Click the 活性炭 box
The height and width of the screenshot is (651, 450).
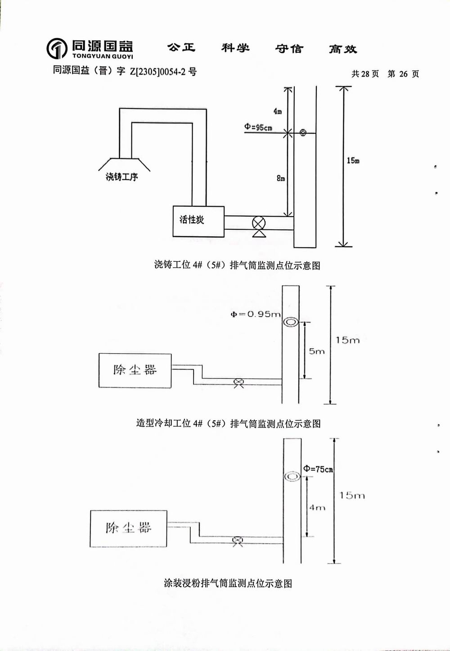[x=198, y=221]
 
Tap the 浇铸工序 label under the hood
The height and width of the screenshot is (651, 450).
[x=121, y=177]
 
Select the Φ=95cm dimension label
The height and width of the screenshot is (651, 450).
[x=258, y=127]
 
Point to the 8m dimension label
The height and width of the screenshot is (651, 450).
[x=281, y=178]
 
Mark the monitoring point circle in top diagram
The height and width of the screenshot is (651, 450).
[x=303, y=133]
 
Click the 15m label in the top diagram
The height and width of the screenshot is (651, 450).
[x=353, y=161]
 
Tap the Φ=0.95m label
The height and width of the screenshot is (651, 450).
[x=256, y=314]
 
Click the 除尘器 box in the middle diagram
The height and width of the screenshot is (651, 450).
[x=135, y=370]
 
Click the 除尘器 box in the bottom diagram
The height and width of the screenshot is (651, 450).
[x=129, y=528]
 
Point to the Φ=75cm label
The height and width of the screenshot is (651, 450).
[x=318, y=469]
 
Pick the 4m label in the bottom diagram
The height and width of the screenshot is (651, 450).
[x=317, y=508]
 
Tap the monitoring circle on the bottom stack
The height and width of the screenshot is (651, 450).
[x=292, y=477]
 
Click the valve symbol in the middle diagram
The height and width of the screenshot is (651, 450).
[x=238, y=383]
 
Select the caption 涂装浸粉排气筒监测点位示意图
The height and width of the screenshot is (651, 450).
[x=228, y=583]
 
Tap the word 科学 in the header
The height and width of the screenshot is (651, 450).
[x=235, y=48]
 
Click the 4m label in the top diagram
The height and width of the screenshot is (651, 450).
[x=278, y=111]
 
